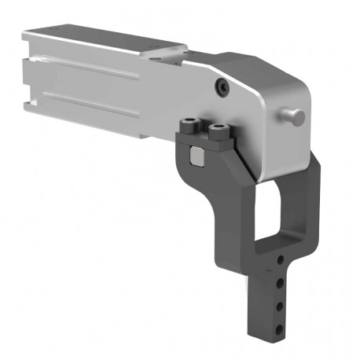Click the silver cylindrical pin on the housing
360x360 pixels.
pos(295,116)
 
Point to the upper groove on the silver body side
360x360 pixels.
pos(86,66)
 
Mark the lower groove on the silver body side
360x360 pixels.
pos(94,102)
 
